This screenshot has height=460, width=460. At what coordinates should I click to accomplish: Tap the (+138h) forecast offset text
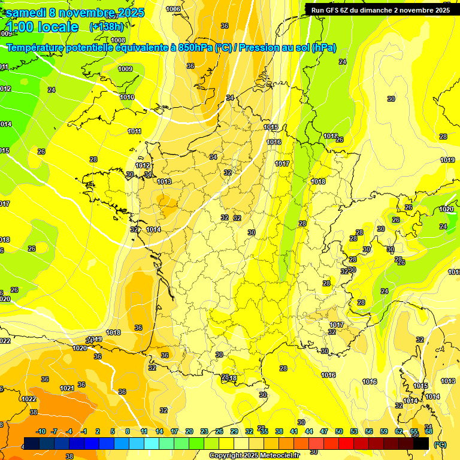coord(107,26)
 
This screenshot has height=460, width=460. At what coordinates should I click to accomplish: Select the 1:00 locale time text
coord(43,27)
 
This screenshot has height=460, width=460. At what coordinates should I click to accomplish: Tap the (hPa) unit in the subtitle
coord(323,47)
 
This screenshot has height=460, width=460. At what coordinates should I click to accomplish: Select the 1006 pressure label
coord(173,9)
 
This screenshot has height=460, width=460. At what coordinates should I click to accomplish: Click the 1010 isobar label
coord(127,97)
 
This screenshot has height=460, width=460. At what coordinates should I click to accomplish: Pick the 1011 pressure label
coord(135,131)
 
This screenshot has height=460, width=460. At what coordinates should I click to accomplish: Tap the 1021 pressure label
coord(67,389)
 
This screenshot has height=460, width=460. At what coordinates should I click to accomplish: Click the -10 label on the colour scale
coord(41,431)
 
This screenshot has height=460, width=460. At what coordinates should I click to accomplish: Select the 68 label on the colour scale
coord(428,431)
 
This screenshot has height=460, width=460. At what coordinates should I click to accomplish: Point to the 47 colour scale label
coord(324,431)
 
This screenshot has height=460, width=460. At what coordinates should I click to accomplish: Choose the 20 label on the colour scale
coord(189,431)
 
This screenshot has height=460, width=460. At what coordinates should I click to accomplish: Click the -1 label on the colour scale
coord(84,431)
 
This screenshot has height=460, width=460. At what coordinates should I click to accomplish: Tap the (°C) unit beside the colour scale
coord(440,444)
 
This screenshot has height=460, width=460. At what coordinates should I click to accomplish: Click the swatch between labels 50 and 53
coord(346,443)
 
